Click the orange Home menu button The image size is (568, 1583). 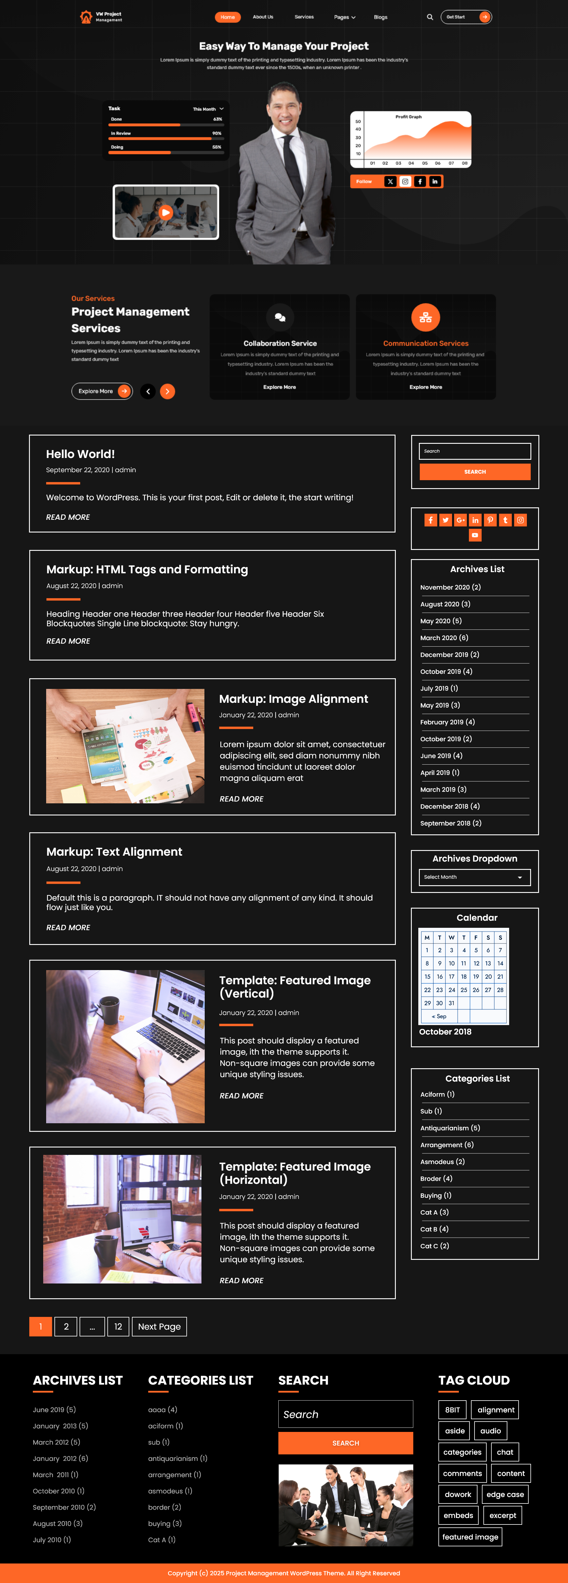click(227, 17)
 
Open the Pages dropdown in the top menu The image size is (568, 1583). click(344, 17)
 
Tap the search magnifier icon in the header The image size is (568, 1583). click(430, 17)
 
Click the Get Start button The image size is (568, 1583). click(466, 17)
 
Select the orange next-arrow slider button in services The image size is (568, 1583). click(167, 391)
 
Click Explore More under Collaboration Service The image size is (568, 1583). click(280, 387)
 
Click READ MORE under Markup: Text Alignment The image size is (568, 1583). click(68, 927)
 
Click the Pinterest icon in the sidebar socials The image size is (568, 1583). click(490, 520)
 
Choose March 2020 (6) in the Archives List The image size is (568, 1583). click(444, 638)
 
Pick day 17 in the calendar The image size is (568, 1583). click(451, 977)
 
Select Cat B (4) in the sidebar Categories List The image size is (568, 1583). click(434, 1229)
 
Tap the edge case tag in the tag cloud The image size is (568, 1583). click(505, 1495)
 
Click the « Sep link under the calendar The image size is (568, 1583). click(439, 1017)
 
